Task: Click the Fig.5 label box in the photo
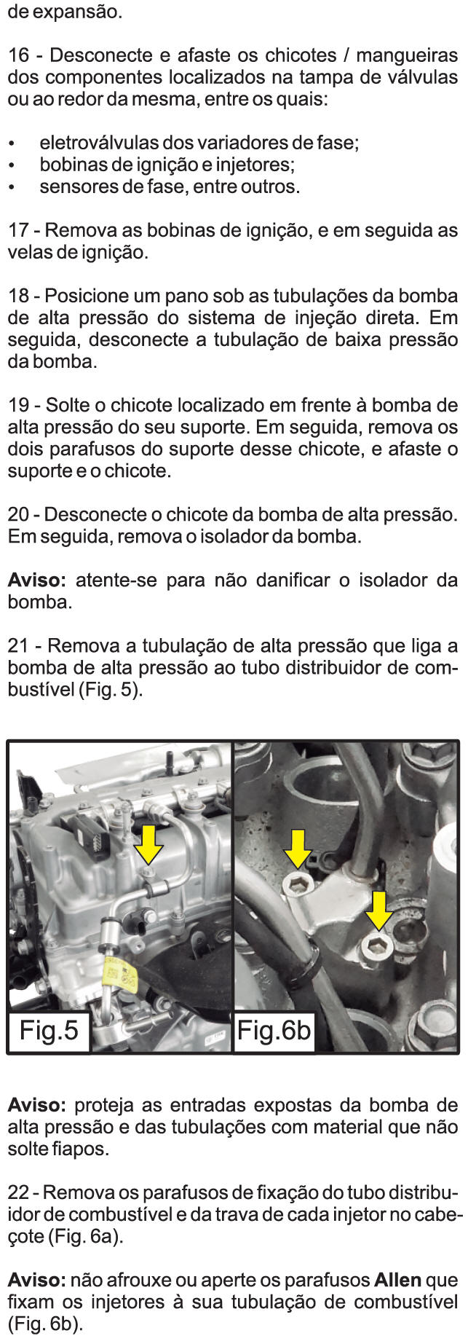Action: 49,1031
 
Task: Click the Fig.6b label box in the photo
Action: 274,1031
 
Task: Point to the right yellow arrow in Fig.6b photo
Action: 378,910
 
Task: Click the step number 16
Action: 19,55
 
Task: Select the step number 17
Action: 19,231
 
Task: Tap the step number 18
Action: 19,296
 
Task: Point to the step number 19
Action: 19,406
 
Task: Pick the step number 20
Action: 19,515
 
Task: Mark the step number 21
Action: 19,646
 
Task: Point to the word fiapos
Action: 84,1151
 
